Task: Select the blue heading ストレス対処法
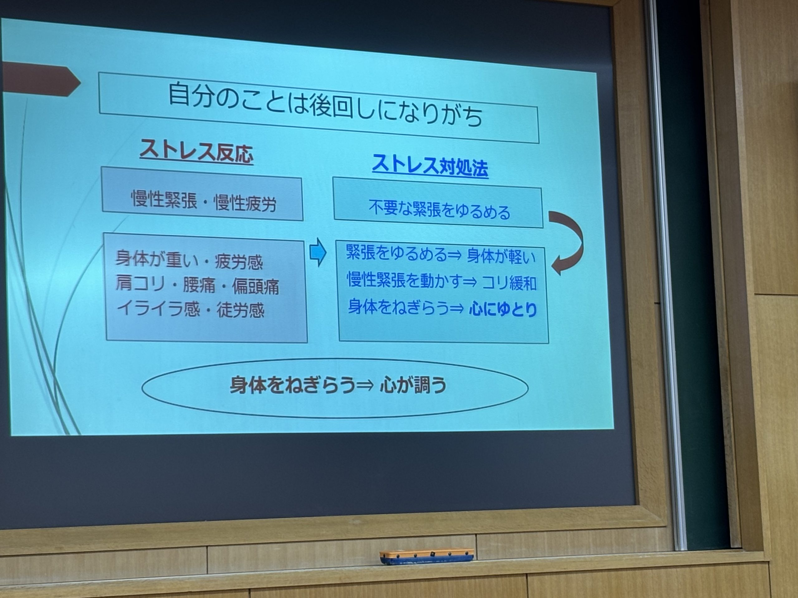430,166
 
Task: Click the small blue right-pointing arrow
318,252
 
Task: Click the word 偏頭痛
255,287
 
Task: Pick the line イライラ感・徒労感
190,310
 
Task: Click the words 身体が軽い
502,257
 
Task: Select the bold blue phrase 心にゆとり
503,309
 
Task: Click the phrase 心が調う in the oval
413,385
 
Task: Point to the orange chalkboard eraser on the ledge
426,557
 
